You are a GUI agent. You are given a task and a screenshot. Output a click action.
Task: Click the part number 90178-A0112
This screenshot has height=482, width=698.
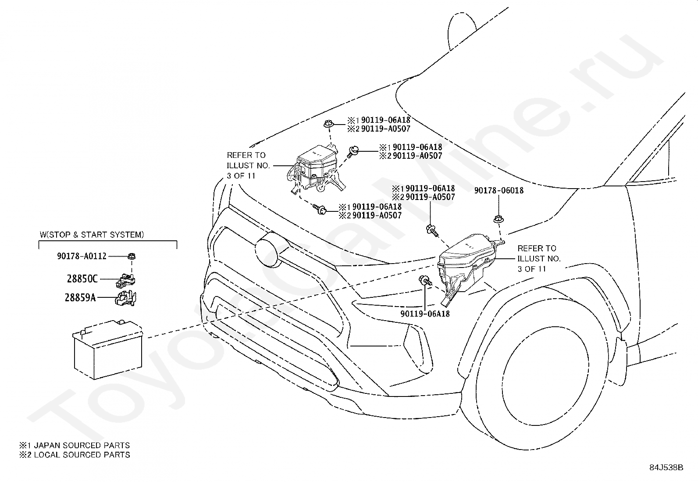pos(82,256)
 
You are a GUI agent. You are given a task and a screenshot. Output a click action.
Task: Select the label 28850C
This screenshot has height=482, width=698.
pos(82,279)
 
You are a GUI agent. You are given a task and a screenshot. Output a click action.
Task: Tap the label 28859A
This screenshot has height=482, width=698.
pos(80,297)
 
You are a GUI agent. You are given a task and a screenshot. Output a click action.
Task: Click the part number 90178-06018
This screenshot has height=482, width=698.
pos(499,190)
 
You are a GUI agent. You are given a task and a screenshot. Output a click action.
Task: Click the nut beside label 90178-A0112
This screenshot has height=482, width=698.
pos(132,256)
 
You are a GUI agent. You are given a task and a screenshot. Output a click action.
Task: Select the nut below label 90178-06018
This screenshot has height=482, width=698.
pos(498,219)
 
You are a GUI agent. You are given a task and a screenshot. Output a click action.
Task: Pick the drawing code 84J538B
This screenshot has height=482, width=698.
pos(666,468)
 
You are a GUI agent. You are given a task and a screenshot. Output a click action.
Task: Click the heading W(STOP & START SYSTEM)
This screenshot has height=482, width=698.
pos(92,235)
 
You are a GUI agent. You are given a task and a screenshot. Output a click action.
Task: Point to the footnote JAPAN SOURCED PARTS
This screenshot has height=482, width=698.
pos(82,445)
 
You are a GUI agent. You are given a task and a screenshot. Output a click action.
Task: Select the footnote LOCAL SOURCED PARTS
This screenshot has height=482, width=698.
pos(82,455)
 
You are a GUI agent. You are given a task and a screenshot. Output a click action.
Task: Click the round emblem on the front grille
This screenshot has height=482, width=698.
pos(267,250)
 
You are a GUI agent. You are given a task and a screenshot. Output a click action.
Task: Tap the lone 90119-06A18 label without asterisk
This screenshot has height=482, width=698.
pos(425,314)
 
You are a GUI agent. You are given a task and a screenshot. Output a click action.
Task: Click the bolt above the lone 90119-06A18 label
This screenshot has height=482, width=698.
pos(425,280)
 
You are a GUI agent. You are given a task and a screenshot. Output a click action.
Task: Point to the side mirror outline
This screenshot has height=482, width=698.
pos(463,31)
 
